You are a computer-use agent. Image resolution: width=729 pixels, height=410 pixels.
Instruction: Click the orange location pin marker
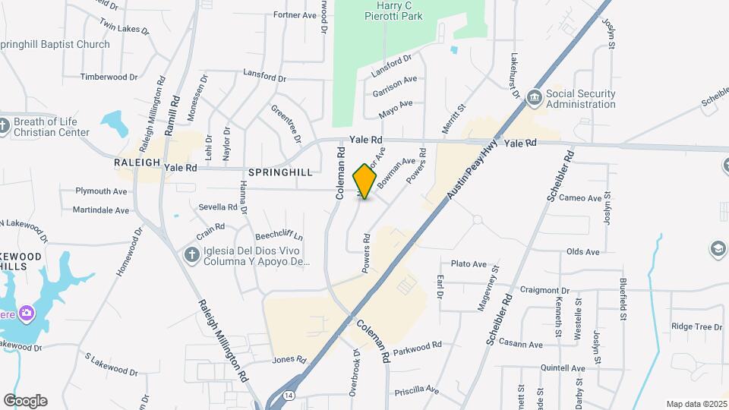365,181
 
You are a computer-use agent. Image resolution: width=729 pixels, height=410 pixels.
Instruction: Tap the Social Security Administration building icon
534,99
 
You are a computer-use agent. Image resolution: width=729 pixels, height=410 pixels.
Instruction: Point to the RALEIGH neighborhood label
137,162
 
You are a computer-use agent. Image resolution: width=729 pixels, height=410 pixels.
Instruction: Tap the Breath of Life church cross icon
4,126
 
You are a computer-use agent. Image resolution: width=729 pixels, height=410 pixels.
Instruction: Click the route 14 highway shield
289,396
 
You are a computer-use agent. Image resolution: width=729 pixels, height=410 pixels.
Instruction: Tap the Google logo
25,401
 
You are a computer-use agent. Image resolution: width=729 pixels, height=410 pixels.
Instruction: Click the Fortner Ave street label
294,14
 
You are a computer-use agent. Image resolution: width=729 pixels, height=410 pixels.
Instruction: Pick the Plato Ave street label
469,263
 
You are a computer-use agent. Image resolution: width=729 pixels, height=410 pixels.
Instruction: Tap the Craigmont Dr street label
544,290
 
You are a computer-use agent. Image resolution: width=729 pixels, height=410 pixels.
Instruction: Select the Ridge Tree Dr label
696,326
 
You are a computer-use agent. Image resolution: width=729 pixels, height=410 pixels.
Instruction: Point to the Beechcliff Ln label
279,236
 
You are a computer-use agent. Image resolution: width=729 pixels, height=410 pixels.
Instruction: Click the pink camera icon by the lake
27,313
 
